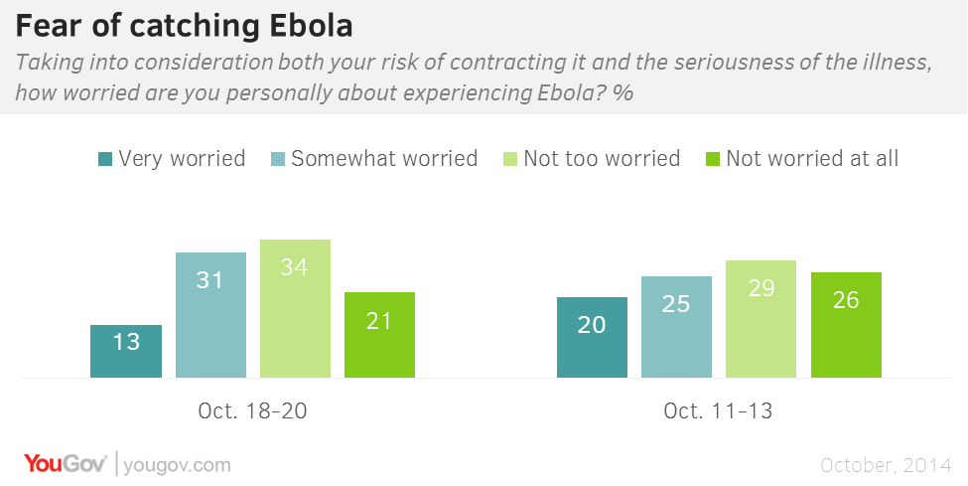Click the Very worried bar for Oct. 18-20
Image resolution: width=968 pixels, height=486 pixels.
[126, 351]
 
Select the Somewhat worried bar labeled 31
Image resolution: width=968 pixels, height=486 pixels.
[211, 315]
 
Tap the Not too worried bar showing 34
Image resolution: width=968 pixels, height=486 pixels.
[295, 308]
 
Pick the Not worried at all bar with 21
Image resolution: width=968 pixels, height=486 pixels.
[379, 335]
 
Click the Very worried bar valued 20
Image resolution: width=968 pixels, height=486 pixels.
[592, 338]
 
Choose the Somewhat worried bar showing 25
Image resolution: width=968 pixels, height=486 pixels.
[677, 327]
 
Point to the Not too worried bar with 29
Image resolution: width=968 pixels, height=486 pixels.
[761, 319]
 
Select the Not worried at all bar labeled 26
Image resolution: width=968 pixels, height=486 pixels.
[847, 325]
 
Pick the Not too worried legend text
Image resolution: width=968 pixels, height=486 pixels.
[602, 158]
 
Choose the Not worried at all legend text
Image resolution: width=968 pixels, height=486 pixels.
[812, 158]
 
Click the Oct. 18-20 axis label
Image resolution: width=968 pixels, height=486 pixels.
[252, 411]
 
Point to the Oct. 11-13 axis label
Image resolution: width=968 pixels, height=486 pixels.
[718, 411]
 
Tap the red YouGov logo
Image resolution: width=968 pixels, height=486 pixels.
[66, 464]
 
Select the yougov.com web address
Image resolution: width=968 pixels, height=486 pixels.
[177, 465]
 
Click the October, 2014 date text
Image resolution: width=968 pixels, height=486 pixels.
[886, 465]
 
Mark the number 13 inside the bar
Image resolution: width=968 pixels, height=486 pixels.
[126, 341]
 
